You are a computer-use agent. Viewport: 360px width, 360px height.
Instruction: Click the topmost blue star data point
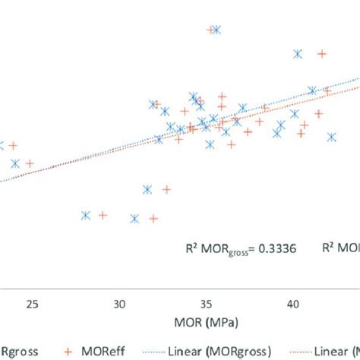(x=217, y=30)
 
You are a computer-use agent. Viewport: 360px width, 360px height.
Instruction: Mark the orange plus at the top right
(x=322, y=54)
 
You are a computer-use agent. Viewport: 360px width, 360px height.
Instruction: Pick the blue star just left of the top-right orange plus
(x=298, y=54)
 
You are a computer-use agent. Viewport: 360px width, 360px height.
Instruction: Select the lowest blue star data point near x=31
(x=134, y=219)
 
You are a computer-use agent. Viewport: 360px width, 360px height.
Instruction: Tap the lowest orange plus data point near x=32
(x=153, y=219)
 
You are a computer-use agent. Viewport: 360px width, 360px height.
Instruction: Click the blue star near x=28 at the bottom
(x=86, y=215)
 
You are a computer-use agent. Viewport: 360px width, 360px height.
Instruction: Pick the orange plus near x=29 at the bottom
(x=103, y=215)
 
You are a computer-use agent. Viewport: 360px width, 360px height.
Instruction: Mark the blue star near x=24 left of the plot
(x=14, y=163)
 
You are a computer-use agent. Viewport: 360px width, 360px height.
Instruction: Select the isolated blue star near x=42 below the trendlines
(x=332, y=137)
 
